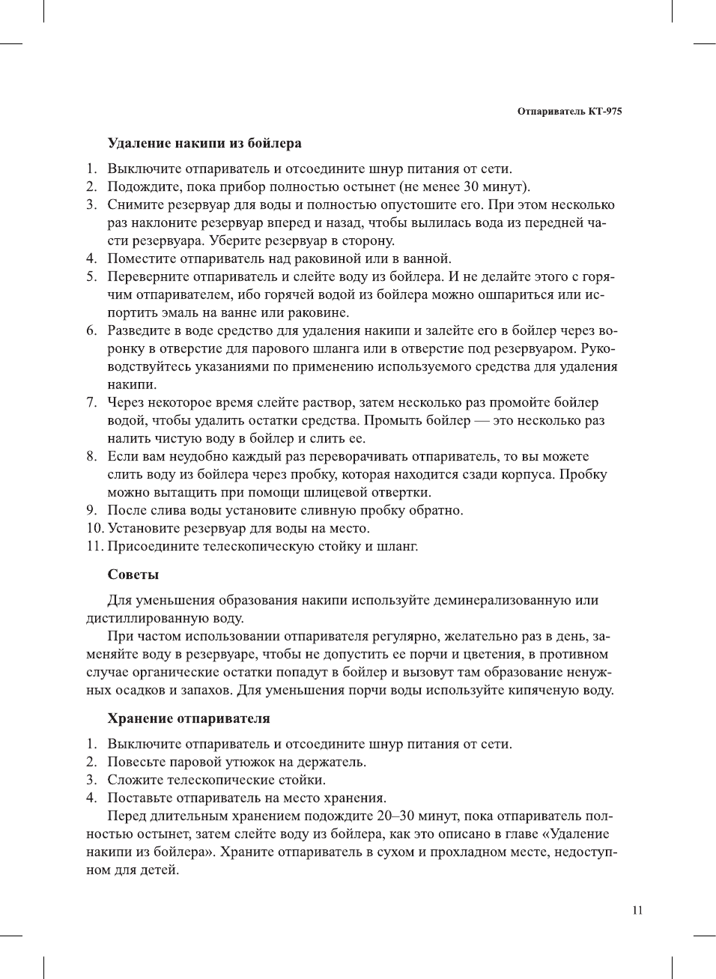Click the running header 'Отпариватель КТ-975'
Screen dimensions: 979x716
(569, 112)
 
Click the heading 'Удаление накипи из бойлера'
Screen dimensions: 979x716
(204, 143)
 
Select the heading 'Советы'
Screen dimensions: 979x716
(133, 575)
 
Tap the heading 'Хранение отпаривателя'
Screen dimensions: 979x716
(189, 718)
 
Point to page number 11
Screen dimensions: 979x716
(637, 910)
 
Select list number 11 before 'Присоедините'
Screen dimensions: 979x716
(94, 546)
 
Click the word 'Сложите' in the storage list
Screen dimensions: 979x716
(135, 780)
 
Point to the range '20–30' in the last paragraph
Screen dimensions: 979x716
(396, 816)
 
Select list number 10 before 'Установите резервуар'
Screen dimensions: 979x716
(94, 528)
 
